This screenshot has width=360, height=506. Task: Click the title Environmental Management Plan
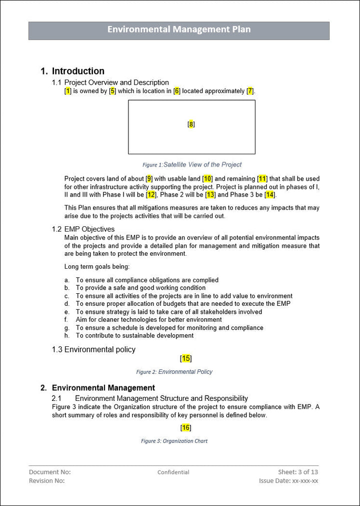point(179,30)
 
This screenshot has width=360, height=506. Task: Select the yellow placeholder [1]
point(68,91)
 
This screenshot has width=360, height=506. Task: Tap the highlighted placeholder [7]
point(250,91)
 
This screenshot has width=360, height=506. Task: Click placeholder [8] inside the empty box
point(191,124)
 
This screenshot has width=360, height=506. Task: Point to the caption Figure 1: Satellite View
point(192,165)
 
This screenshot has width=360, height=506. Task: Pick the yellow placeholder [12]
point(151,195)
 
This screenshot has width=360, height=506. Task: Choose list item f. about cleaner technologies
point(148,320)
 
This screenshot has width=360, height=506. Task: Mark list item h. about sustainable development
point(134,336)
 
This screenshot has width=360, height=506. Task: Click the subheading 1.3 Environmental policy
point(93,350)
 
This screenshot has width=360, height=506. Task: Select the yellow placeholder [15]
point(186,358)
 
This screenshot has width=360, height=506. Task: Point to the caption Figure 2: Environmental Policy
point(174,372)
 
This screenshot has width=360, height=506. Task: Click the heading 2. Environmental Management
point(103,388)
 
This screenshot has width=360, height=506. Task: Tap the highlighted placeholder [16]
point(186,427)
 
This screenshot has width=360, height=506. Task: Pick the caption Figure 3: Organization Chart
point(174,441)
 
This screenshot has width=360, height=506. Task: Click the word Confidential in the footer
point(173,472)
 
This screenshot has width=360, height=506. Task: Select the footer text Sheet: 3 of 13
point(298,472)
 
